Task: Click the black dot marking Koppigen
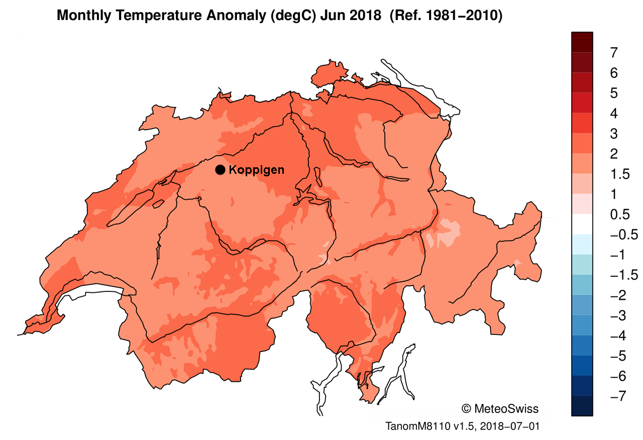point(220,170)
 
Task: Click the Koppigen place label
point(256,170)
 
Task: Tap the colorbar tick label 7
point(613,52)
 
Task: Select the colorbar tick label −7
point(616,397)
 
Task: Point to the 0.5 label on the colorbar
point(619,214)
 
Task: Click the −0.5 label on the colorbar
point(622,235)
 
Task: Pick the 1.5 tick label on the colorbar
point(619,174)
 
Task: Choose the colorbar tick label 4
point(613,114)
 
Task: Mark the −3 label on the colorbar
point(616,316)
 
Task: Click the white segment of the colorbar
point(582,225)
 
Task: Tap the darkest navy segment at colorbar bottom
point(582,406)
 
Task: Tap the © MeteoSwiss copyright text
point(499,408)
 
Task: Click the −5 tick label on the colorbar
point(616,357)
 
